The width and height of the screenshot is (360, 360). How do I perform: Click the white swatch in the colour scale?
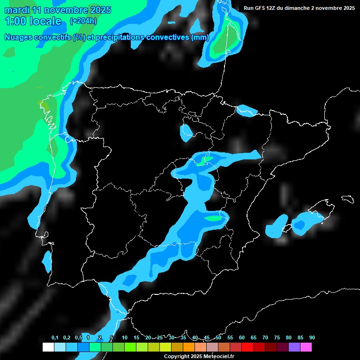click(48, 347)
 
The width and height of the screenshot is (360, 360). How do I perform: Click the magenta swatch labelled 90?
click(306, 347)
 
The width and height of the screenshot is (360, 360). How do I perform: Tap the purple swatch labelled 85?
click(294, 347)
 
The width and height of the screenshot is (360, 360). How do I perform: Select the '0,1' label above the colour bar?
click(55, 338)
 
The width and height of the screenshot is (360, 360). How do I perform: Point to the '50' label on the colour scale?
click(218, 338)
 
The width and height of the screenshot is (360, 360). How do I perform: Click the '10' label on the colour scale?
click(125, 338)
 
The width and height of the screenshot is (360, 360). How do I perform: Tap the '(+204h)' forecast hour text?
click(84, 21)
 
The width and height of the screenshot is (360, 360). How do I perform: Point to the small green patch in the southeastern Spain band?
click(213, 218)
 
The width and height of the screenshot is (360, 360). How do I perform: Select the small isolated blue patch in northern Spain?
click(186, 132)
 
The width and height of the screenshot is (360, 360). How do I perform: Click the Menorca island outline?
click(348, 199)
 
